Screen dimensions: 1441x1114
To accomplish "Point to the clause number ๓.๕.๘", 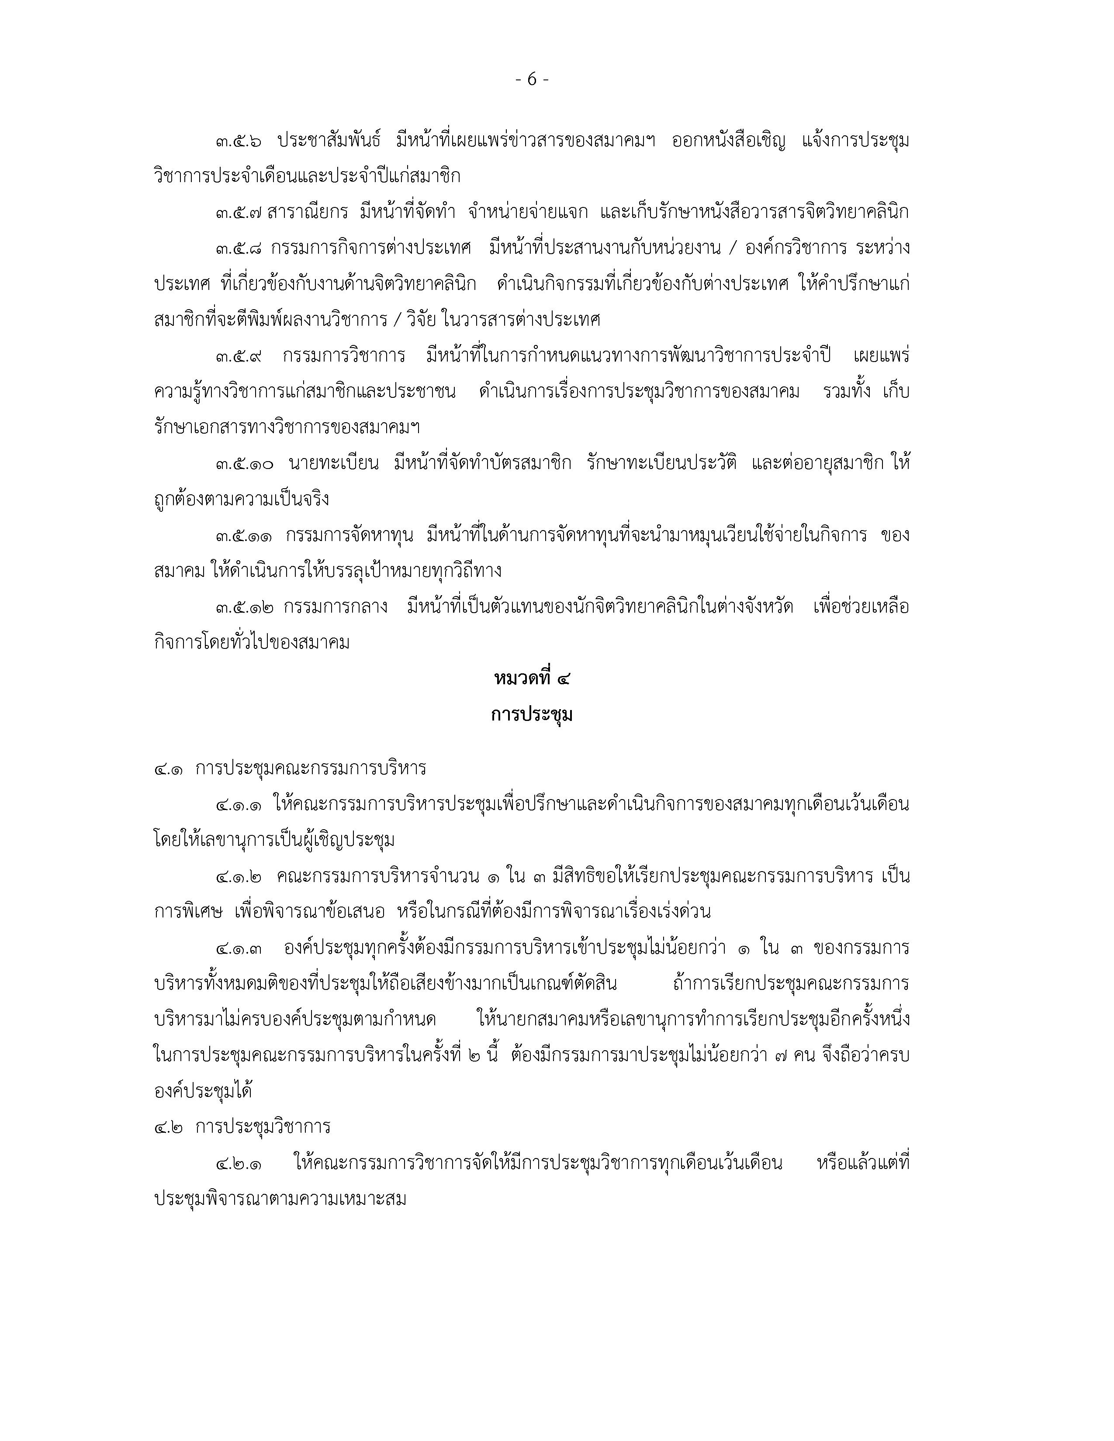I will coord(238,249).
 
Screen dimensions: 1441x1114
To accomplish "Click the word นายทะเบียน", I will coord(333,464).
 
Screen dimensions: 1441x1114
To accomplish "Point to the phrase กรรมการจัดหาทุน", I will coord(349,535).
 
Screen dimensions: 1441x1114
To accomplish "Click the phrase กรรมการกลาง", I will coord(335,607).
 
